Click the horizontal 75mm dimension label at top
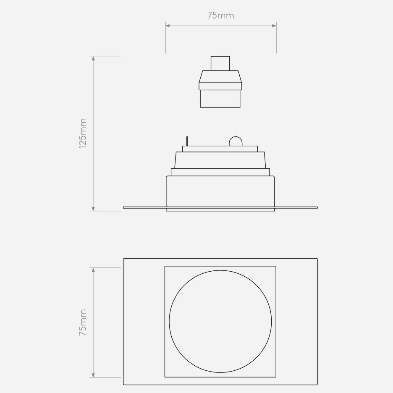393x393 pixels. pos(220,16)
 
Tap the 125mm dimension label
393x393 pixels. pos(82,134)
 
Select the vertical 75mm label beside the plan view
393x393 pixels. pos(82,322)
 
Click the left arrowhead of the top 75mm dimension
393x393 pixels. pos(168,26)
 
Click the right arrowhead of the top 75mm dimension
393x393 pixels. pos(274,26)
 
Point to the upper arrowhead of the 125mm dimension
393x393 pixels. pos(93,58)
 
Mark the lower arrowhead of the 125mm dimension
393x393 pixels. pos(93,209)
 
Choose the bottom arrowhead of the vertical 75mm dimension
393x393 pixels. pos(93,375)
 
